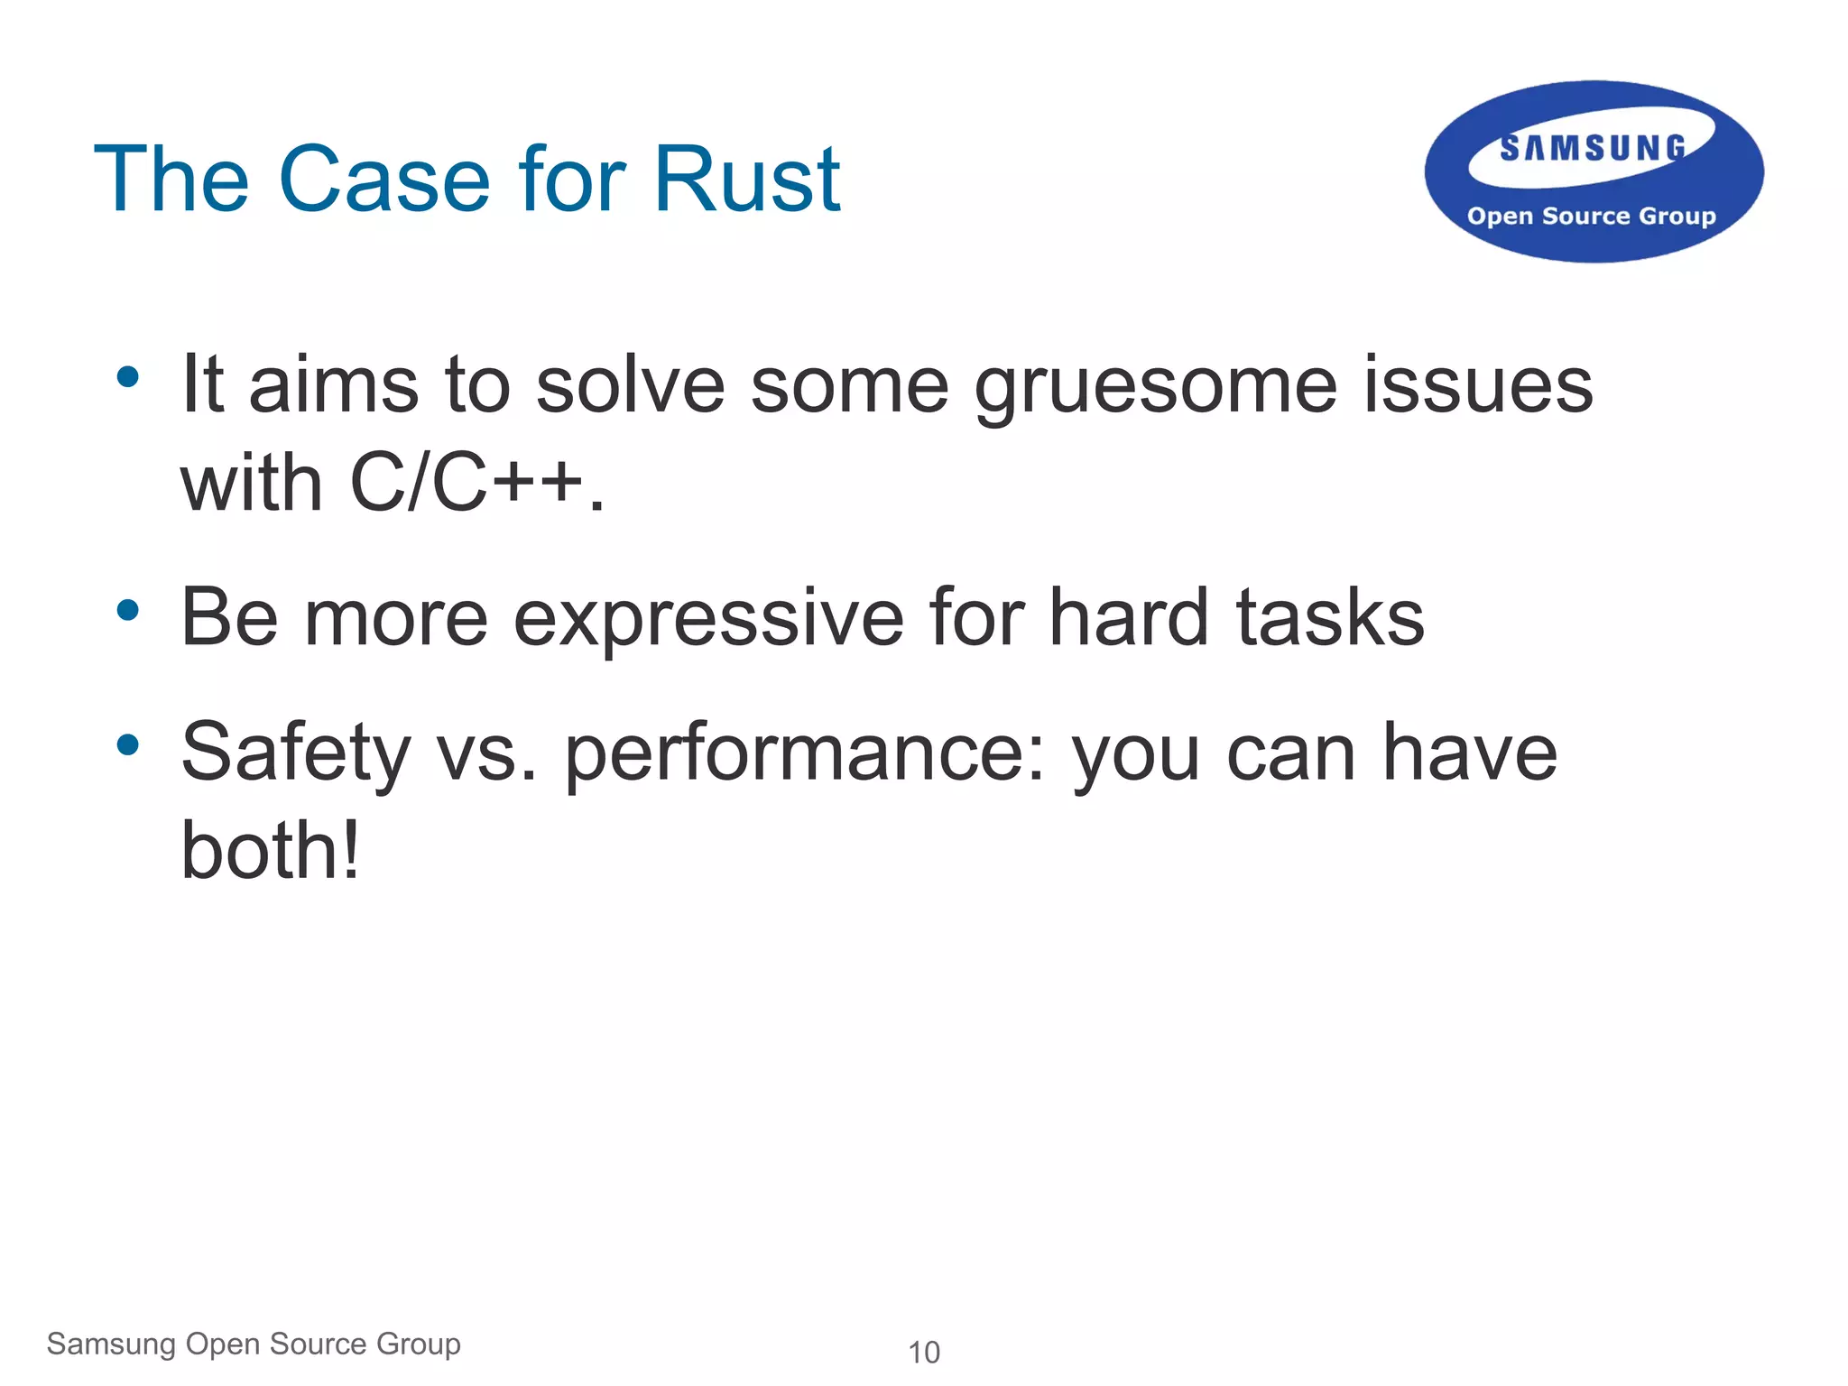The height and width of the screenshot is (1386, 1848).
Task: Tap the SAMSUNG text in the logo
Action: click(1593, 148)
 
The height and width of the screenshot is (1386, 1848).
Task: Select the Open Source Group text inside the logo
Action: click(1591, 217)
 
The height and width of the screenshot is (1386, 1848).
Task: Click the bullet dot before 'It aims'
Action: click(128, 376)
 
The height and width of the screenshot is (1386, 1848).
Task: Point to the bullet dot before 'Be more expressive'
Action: click(128, 610)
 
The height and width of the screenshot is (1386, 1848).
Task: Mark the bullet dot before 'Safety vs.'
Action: click(128, 744)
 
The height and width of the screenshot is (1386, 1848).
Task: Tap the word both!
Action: click(270, 850)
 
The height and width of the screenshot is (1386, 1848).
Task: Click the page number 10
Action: click(923, 1353)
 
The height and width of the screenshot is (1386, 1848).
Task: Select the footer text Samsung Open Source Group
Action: click(254, 1344)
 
